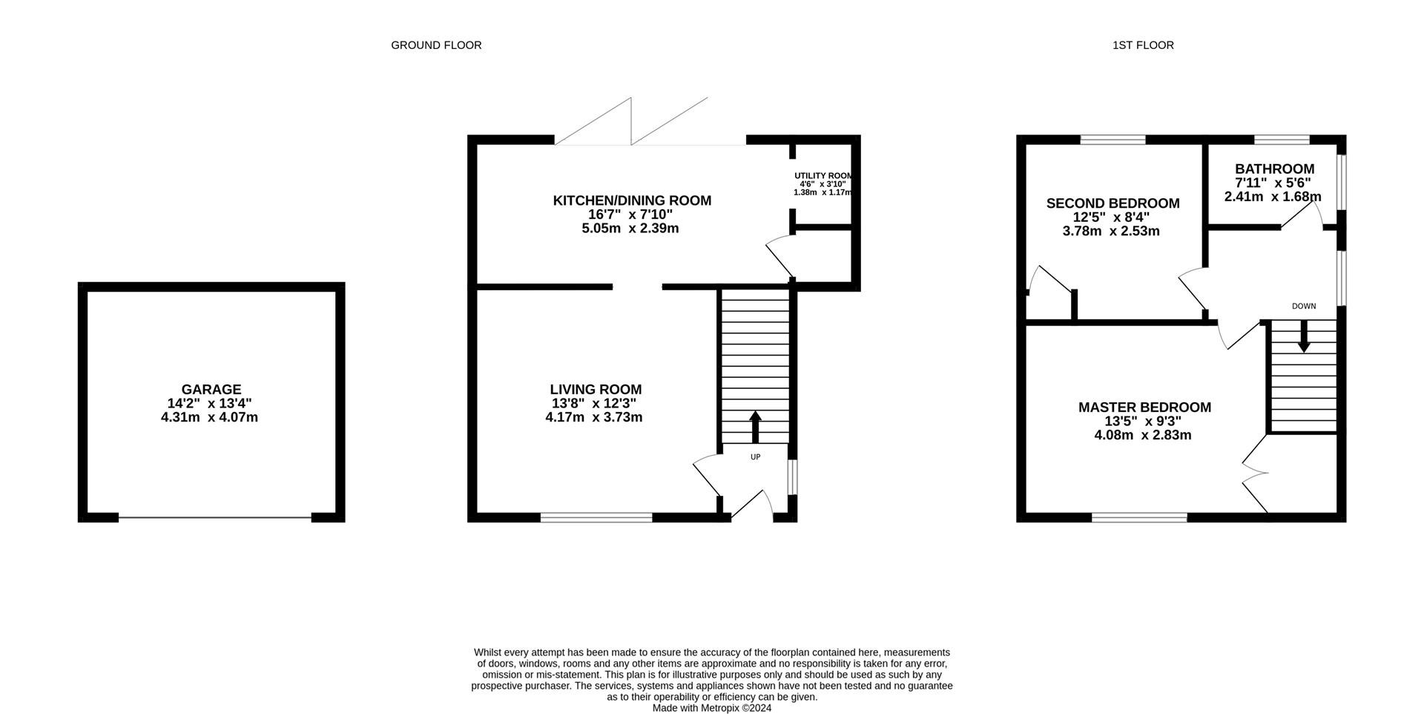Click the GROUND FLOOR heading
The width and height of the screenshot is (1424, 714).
[x=436, y=45]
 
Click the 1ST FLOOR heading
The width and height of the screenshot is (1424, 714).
[x=1143, y=45]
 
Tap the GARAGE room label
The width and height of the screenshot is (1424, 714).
[x=211, y=390]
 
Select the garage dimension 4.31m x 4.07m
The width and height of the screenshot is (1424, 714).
[x=209, y=418]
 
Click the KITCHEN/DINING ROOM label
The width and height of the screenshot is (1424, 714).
[x=632, y=200]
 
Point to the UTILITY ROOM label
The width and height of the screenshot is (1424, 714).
[x=823, y=176]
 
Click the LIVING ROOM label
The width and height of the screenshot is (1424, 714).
[x=596, y=390]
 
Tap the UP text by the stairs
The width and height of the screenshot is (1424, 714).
[x=755, y=457]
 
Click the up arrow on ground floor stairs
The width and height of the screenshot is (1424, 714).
[x=755, y=427]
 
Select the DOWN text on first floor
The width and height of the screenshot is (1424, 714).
[x=1303, y=307]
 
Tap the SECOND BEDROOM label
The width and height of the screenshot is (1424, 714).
[x=1112, y=203]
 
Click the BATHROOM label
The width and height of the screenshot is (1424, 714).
[x=1274, y=169]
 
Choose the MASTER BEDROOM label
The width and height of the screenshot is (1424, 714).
[x=1144, y=407]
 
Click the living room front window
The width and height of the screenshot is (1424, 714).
[x=596, y=517]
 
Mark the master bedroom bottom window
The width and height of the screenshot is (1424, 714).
[x=1139, y=517]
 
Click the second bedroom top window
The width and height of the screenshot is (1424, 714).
[x=1112, y=139]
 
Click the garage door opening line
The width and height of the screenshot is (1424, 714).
[x=214, y=517]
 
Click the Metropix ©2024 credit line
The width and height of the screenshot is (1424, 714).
[x=711, y=708]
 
